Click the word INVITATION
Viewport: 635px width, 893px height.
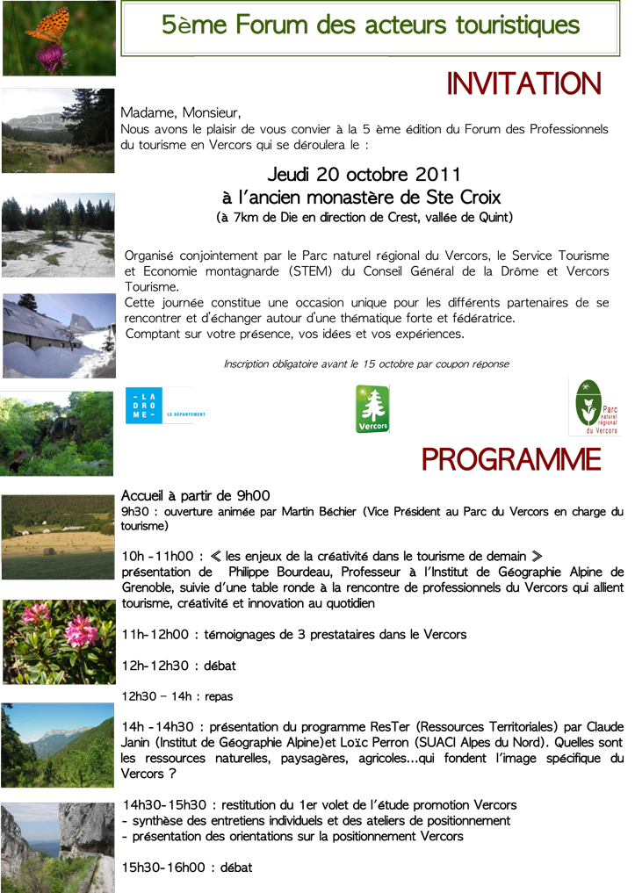coord(523,84)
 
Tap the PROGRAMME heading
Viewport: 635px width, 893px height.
coord(511,458)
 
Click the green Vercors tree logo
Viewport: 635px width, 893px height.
coord(372,408)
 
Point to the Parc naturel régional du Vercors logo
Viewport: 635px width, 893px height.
coord(595,407)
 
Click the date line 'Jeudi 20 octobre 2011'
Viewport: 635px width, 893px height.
coord(364,174)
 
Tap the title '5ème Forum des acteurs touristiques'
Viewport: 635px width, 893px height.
coord(370,25)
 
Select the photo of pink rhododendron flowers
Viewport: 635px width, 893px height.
coord(58,641)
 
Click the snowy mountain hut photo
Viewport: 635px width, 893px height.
coord(58,335)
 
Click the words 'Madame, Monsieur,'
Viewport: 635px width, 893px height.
coord(180,112)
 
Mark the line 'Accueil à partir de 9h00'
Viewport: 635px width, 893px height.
coord(195,495)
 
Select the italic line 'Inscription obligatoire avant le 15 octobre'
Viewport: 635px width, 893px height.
coord(365,364)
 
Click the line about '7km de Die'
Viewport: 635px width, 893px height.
coord(364,217)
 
